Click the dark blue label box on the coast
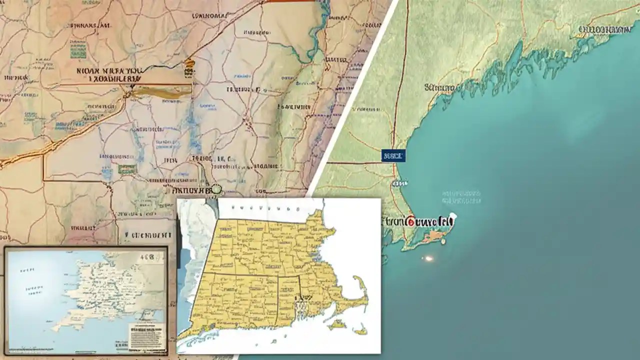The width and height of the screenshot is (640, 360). [x=392, y=155]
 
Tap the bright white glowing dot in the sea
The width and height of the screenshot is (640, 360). [x=428, y=258]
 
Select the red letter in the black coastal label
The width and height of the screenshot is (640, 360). [x=411, y=220]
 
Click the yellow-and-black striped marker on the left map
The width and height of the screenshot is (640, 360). [x=189, y=67]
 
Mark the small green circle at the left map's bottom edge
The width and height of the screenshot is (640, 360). [x=216, y=189]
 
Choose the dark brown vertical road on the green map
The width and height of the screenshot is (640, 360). [x=397, y=90]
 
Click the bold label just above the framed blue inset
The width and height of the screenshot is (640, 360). [x=148, y=234]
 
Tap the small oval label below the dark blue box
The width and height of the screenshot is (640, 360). [x=396, y=183]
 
